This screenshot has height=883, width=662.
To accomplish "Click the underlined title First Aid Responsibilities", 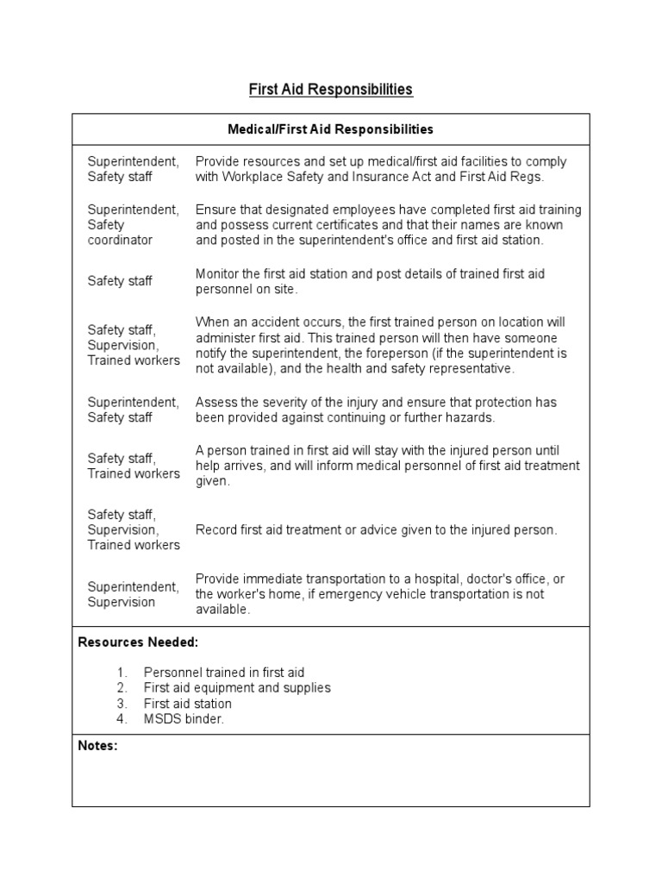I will pyautogui.click(x=330, y=89).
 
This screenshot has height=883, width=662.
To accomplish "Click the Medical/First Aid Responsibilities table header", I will pyautogui.click(x=330, y=129).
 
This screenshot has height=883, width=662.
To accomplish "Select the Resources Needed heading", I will pyautogui.click(x=138, y=642).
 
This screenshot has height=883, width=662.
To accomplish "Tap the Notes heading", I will pyautogui.click(x=97, y=746).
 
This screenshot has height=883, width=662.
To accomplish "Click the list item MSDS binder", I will pyautogui.click(x=184, y=719).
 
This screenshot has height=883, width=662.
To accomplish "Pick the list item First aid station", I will pyautogui.click(x=187, y=704).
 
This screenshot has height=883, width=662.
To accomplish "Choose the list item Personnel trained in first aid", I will pyautogui.click(x=224, y=673).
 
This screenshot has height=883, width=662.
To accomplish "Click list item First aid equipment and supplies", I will pyautogui.click(x=237, y=688).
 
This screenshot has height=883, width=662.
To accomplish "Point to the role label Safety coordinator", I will pyautogui.click(x=120, y=232).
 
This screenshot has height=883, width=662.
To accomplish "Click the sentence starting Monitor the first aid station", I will pyautogui.click(x=370, y=281).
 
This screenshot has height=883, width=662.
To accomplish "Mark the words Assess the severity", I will pyautogui.click(x=250, y=402).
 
